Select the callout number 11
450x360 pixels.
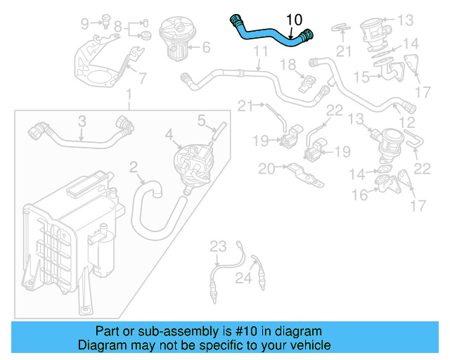(260, 51)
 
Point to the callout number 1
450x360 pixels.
(129, 94)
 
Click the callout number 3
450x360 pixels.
(82, 122)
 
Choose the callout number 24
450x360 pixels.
(243, 279)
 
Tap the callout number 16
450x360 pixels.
(360, 195)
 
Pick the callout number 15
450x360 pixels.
(361, 76)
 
